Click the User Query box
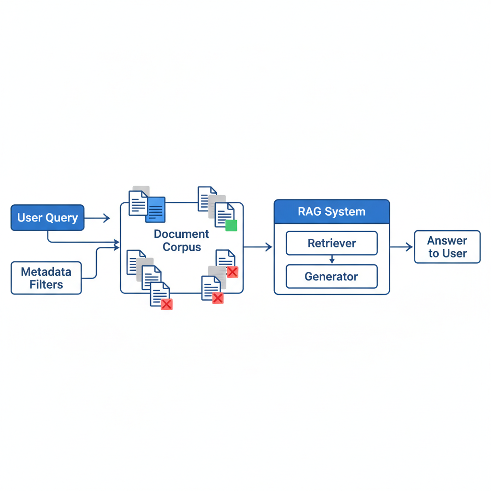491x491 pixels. [47, 218]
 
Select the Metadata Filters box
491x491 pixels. [47, 278]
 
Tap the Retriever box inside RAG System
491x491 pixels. [332, 243]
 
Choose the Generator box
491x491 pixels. [332, 277]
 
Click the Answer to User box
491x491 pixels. [447, 247]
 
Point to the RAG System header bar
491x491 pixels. [332, 211]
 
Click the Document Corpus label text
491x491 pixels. [182, 240]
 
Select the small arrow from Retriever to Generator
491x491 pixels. [332, 259]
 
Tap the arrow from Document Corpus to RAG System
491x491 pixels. [257, 247]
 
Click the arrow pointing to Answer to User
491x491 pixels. [401, 247]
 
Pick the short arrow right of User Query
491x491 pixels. [97, 218]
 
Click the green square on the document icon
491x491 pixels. [231, 225]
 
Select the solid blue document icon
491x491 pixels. [155, 210]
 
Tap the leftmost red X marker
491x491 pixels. [166, 304]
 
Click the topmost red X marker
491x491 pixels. [233, 272]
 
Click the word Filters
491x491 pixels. [47, 285]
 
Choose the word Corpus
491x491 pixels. [182, 247]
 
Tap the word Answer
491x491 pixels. [447, 241]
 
